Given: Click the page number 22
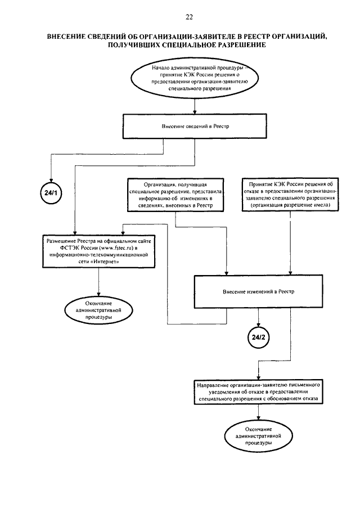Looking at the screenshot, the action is [189, 17].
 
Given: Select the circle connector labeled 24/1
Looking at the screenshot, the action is [51, 193].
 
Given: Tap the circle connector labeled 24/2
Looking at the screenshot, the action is [258, 337].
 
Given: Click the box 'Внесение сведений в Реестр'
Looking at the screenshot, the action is [195, 127].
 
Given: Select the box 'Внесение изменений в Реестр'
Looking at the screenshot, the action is [258, 291].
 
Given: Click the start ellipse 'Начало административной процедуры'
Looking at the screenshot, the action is [195, 78].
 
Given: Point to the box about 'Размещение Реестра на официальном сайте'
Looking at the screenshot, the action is [98, 251].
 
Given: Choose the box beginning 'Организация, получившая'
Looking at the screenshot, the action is [175, 195].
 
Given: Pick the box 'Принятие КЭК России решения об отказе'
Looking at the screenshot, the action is [290, 195].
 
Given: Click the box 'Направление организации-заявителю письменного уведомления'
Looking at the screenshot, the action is [258, 392].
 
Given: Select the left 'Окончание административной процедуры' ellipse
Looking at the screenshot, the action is [98, 310].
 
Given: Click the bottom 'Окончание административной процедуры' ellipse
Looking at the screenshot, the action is [258, 436].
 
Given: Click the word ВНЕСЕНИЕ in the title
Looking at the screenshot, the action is [66, 37].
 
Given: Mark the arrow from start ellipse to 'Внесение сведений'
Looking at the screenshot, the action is [195, 106].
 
